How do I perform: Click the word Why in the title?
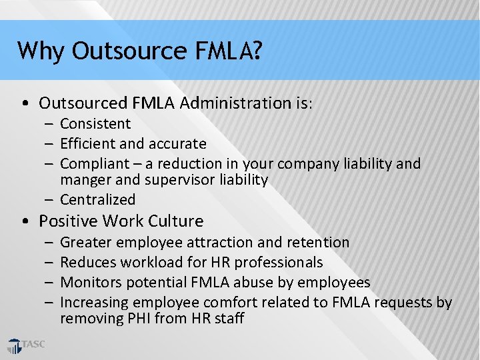(41, 51)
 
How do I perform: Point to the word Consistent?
(95, 124)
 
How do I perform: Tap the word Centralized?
(97, 200)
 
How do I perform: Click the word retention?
(317, 243)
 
